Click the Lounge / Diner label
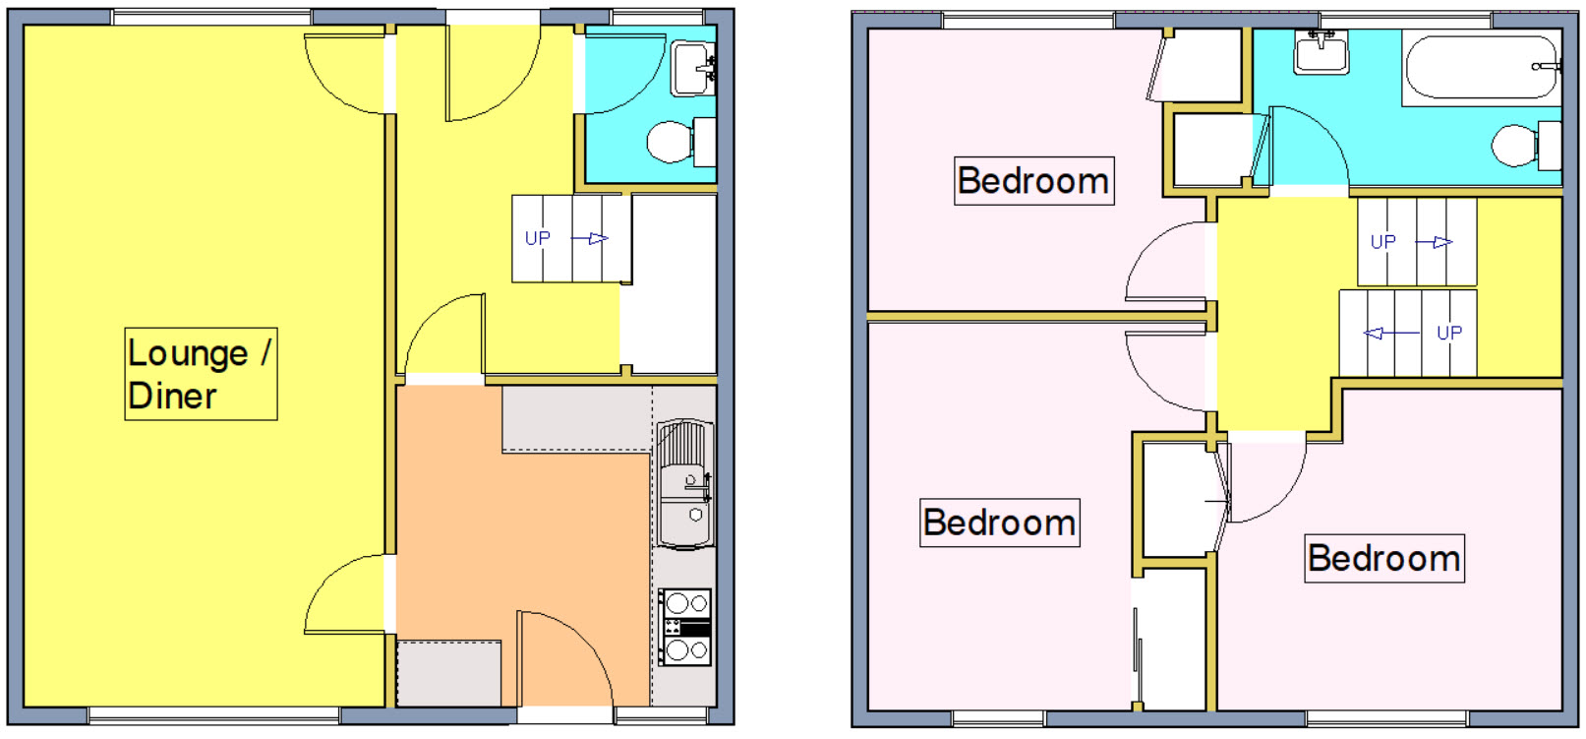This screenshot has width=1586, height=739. click(x=202, y=374)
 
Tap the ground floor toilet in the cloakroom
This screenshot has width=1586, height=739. click(x=680, y=142)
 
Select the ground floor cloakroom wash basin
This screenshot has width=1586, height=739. click(x=693, y=69)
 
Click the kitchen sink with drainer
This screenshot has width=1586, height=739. click(x=684, y=484)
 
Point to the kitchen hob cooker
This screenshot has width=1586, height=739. click(x=684, y=627)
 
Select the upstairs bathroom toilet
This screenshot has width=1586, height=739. click(x=1526, y=146)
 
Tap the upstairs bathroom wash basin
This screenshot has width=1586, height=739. click(x=1322, y=53)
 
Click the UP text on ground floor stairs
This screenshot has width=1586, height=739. click(x=538, y=238)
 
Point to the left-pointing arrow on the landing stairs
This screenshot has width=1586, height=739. click(x=1391, y=333)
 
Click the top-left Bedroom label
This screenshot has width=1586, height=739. click(x=1033, y=181)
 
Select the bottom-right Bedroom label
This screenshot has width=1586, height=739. click(x=1384, y=558)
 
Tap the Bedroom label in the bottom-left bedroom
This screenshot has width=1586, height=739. click(x=1000, y=523)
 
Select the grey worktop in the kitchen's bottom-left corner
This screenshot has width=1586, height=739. click(x=449, y=674)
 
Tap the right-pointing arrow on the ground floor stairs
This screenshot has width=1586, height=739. click(x=589, y=239)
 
